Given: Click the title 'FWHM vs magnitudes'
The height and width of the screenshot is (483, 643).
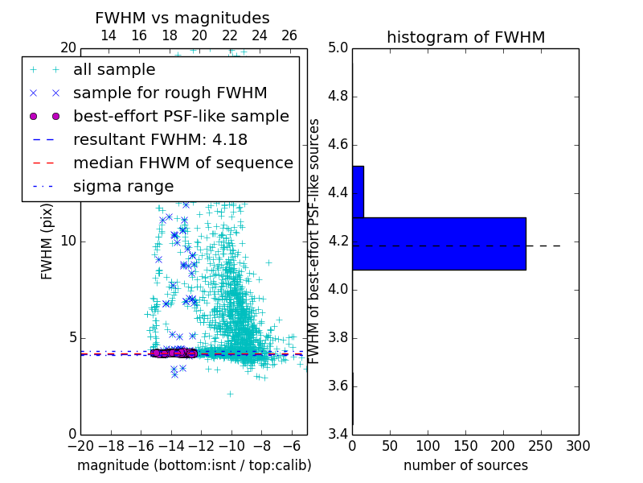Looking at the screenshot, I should (x=182, y=19).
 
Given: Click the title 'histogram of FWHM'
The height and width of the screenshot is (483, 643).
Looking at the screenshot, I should (x=465, y=38).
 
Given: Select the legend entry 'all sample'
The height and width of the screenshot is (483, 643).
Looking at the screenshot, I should (x=114, y=70).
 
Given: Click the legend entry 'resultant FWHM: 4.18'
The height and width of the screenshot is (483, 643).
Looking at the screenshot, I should (x=160, y=140).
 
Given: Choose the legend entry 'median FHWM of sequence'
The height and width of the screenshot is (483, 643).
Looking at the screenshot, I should (x=182, y=163).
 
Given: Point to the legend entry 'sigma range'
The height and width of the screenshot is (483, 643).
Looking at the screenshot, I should (x=123, y=187).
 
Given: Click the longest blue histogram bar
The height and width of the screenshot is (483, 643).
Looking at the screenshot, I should (x=439, y=243).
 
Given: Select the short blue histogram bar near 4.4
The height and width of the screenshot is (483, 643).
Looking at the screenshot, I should (x=358, y=192).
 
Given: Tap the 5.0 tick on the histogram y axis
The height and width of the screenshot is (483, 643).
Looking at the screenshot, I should (x=338, y=48).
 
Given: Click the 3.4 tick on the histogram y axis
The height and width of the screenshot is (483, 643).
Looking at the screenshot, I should (x=338, y=434).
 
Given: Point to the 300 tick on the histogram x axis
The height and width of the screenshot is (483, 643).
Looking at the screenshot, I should (x=579, y=446).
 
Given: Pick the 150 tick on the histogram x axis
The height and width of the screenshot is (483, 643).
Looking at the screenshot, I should (x=465, y=446).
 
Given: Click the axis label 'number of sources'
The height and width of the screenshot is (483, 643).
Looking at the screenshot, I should (x=465, y=466).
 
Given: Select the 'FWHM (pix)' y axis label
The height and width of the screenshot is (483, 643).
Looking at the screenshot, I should (x=47, y=241).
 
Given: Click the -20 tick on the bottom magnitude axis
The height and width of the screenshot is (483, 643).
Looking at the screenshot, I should (x=80, y=446).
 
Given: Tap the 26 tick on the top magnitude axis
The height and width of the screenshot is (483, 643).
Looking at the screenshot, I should (x=289, y=35).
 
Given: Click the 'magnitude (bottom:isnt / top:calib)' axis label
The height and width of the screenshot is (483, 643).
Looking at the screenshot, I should (x=194, y=466).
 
